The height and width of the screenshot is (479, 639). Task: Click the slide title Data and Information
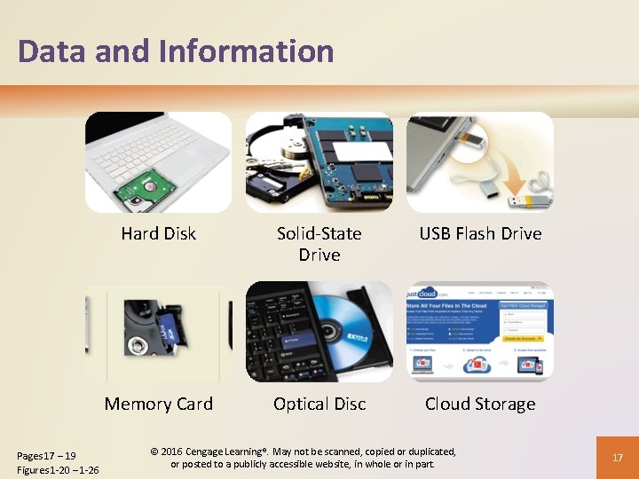tap(176, 51)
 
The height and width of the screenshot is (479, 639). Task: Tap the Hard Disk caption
tap(158, 234)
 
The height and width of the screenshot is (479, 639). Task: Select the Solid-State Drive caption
tap(319, 244)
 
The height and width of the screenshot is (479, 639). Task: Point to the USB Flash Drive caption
tap(480, 234)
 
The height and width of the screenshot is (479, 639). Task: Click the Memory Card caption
tap(159, 404)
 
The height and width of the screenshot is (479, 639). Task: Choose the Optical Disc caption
tap(319, 404)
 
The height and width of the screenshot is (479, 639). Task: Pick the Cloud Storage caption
tap(480, 404)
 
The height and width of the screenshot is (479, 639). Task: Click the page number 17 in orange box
tap(618, 458)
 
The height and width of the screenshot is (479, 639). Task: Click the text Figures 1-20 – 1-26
tap(58, 469)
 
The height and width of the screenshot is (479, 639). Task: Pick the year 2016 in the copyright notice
tap(169, 452)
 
